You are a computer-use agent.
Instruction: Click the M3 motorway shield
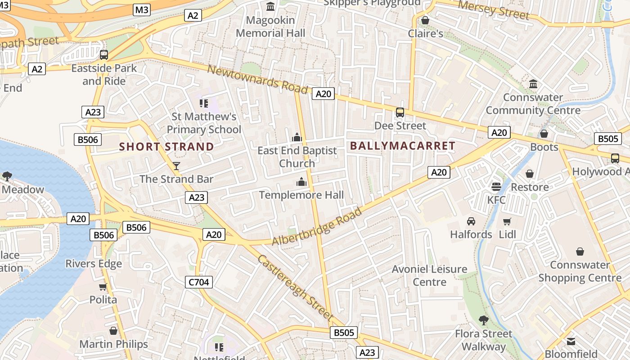[142, 9]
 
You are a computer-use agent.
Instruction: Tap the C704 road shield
[198, 282]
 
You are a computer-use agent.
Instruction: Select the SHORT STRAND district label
[166, 147]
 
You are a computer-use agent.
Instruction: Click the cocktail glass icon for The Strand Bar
[176, 166]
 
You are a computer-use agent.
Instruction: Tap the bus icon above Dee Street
[400, 112]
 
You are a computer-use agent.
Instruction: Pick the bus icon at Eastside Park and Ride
[104, 55]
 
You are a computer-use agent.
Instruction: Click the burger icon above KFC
[496, 186]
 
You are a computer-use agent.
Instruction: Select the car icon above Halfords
[471, 221]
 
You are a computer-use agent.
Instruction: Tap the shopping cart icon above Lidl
[507, 221]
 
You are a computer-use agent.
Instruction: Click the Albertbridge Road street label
[317, 226]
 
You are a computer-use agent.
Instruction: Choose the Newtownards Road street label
[257, 80]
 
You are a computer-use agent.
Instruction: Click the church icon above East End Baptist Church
[297, 137]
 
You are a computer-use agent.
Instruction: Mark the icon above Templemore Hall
[301, 182]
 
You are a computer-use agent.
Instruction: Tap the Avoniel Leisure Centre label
[429, 275]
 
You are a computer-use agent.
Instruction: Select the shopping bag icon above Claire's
[425, 21]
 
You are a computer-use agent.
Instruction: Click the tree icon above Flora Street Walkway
[484, 320]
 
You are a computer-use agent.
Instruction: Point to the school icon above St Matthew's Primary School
[204, 103]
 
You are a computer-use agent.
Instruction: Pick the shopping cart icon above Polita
[103, 287]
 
